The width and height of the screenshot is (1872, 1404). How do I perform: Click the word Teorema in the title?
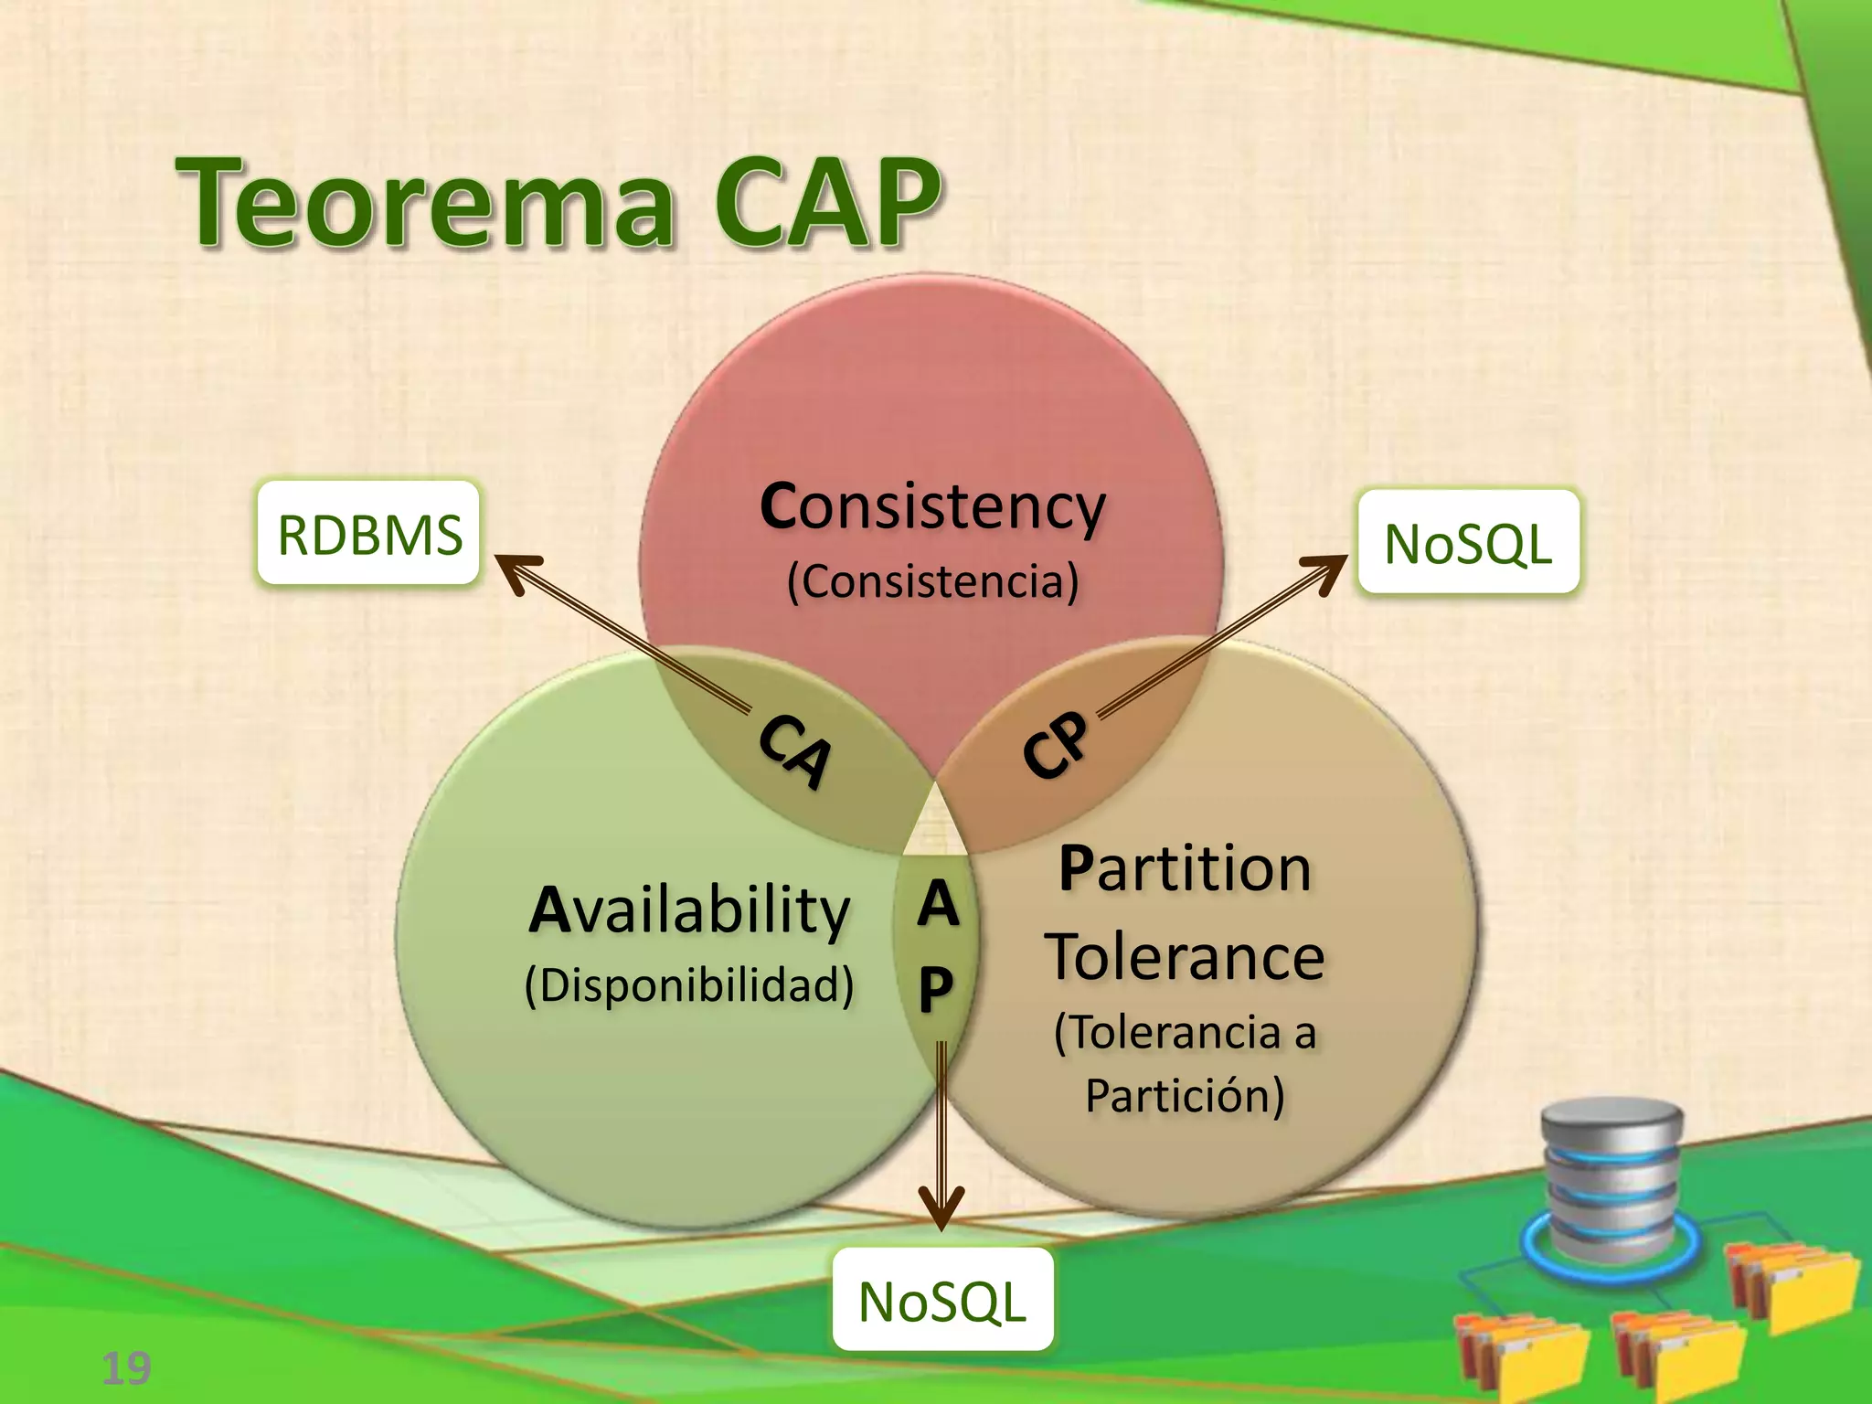(x=426, y=203)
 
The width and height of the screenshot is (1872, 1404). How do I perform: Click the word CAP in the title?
(x=826, y=203)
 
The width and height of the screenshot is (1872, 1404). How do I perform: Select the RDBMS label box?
(x=368, y=534)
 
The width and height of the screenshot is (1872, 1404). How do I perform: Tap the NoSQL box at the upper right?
(x=1468, y=543)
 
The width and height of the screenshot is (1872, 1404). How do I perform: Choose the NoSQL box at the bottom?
(x=942, y=1300)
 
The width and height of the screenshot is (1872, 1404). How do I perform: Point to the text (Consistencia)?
(x=932, y=581)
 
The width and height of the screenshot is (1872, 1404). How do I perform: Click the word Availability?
(x=690, y=910)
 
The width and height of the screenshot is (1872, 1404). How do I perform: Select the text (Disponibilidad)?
(x=690, y=985)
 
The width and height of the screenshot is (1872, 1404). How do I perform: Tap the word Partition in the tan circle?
(x=1185, y=868)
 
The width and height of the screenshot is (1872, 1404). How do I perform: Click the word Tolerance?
(x=1185, y=958)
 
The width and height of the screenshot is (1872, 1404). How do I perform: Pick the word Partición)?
(x=1185, y=1095)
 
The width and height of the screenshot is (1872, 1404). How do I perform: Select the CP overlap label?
(x=1057, y=744)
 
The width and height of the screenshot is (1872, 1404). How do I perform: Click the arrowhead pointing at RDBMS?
(x=517, y=570)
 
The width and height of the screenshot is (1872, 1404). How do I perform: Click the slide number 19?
(x=126, y=1368)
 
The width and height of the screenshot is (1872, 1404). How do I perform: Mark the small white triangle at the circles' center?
(x=935, y=823)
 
